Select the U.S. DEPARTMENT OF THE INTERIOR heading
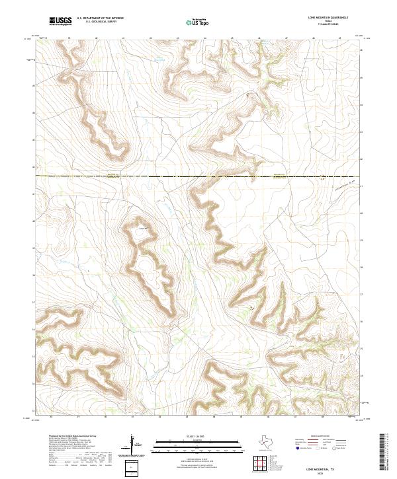[x=100, y=18]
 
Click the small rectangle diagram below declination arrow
[x=133, y=468]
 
